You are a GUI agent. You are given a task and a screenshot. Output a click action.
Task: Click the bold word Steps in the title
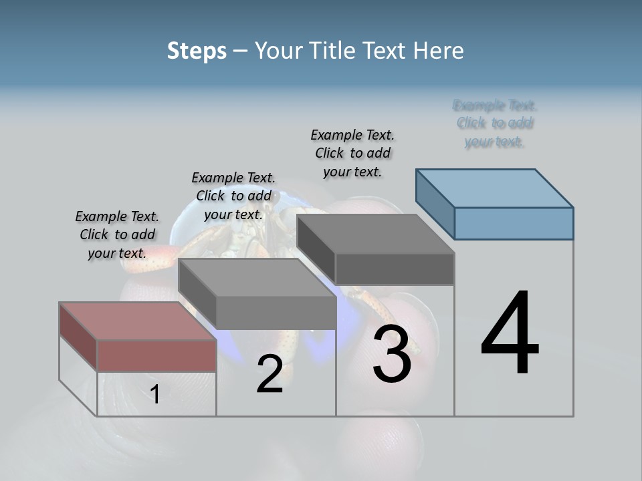click(x=197, y=51)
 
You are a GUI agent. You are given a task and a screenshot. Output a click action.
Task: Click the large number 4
click(x=510, y=334)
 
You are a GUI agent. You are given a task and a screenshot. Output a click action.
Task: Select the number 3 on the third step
click(x=392, y=354)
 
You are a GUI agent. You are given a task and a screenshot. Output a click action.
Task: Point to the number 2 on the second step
click(x=270, y=374)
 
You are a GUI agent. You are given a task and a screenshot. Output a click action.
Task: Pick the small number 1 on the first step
click(x=155, y=394)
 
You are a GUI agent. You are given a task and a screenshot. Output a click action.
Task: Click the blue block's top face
click(x=495, y=188)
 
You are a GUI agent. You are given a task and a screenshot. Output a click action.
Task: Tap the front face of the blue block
click(x=514, y=223)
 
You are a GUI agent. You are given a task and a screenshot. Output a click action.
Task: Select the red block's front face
click(x=156, y=355)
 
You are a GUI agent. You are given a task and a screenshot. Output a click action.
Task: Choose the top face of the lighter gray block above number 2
click(x=257, y=277)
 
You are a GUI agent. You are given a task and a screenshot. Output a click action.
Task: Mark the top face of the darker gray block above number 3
click(x=375, y=233)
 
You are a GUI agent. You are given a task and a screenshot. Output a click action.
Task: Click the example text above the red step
click(x=117, y=234)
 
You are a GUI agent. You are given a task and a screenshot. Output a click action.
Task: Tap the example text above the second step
click(x=233, y=196)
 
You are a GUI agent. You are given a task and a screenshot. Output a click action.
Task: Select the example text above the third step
click(x=352, y=153)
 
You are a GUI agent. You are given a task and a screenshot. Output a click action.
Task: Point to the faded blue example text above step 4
click(x=495, y=124)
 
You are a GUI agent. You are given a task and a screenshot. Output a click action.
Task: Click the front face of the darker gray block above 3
click(x=395, y=269)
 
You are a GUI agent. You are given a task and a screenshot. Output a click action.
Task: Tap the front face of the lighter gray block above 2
click(x=276, y=313)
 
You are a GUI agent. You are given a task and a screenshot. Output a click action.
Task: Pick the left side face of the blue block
click(x=435, y=203)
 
